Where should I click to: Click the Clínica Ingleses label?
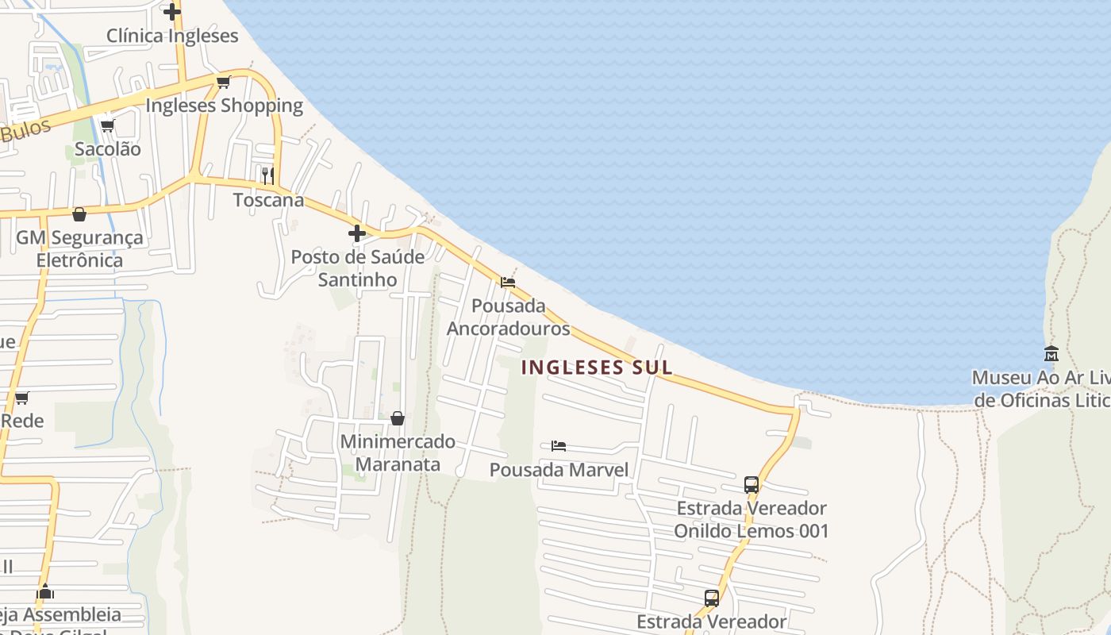[172, 36]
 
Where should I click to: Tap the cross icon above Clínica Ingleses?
[171, 12]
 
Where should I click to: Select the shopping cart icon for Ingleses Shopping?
[224, 82]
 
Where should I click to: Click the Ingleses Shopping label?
[225, 106]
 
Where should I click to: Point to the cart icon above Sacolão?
[107, 125]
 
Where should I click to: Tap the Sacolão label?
[108, 149]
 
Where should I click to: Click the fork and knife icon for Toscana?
[268, 175]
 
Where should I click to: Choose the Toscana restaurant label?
[268, 200]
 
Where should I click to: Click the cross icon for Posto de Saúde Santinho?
[357, 233]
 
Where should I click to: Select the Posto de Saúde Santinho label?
[357, 268]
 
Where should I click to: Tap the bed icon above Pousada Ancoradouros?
[508, 282]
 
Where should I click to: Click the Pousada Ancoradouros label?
[508, 317]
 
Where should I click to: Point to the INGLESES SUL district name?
[598, 368]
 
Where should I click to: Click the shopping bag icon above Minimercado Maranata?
[398, 418]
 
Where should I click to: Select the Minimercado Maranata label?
[398, 452]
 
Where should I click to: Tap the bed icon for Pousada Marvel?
[559, 446]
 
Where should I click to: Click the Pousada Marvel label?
[559, 470]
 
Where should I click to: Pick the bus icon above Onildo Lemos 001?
[751, 484]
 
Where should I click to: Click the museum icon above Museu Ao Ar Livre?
[1051, 353]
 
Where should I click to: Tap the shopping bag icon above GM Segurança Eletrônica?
[79, 214]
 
